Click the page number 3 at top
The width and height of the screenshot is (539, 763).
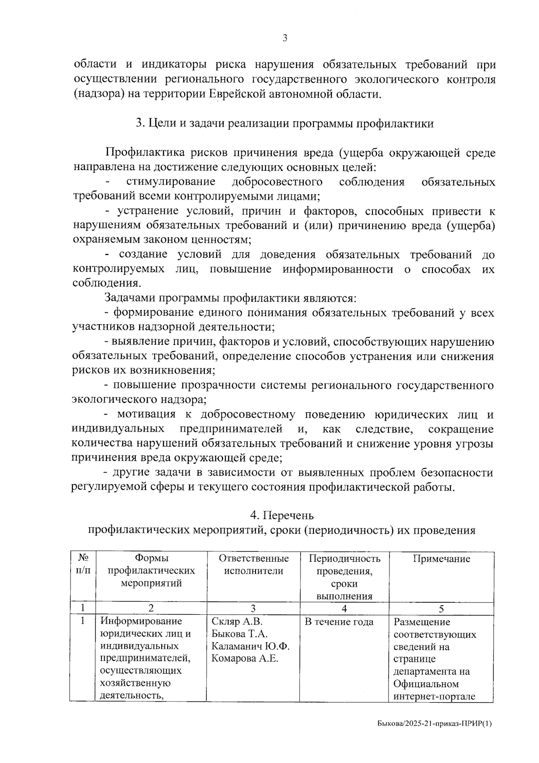tap(284, 38)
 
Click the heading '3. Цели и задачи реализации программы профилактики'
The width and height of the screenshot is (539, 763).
tap(285, 124)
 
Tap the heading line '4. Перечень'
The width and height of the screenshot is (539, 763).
tap(282, 515)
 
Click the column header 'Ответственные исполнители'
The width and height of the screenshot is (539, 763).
tap(253, 565)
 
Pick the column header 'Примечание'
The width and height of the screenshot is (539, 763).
tap(442, 559)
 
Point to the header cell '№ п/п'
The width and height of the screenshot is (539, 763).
tap(83, 565)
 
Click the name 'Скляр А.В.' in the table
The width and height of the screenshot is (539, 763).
tap(237, 622)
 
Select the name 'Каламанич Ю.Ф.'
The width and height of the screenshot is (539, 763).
tap(250, 647)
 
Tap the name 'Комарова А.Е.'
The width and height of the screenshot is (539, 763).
tap(245, 659)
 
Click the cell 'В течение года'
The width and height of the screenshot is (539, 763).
tap(339, 622)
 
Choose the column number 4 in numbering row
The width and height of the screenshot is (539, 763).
tap(344, 609)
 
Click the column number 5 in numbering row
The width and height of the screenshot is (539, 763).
tap(442, 609)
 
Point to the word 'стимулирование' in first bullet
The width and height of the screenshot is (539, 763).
tap(171, 182)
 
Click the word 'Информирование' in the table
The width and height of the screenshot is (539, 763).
tap(141, 621)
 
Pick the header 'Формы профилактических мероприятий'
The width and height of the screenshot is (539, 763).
tap(151, 571)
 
